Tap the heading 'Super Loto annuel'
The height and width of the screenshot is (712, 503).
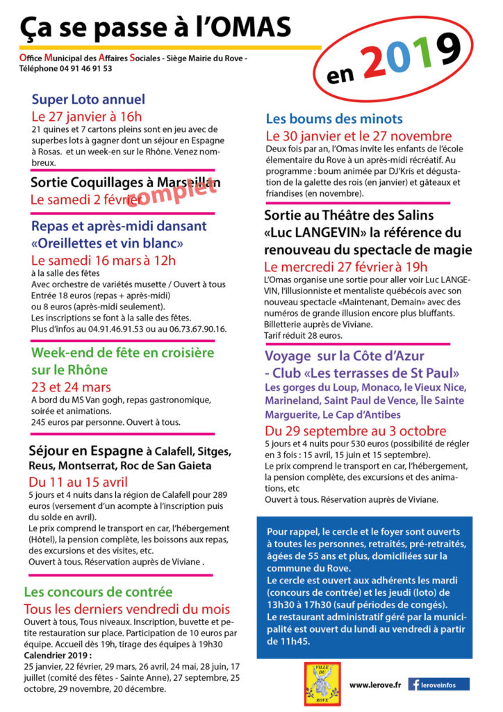tap(88, 99)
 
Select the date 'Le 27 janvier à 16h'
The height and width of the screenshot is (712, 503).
tap(87, 116)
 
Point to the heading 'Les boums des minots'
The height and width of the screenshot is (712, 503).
tap(334, 119)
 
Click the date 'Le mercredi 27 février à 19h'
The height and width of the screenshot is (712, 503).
tap(346, 267)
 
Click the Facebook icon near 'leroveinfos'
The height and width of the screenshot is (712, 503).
tap(415, 685)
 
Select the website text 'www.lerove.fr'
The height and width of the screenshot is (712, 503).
tap(375, 685)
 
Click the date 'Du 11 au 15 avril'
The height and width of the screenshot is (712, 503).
tap(77, 482)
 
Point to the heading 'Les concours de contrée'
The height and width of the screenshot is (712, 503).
tap(98, 592)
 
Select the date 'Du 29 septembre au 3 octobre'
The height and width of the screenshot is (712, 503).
tap(356, 430)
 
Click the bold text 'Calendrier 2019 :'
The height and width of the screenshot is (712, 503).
tap(58, 655)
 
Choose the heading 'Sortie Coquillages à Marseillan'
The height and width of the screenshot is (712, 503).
tap(126, 183)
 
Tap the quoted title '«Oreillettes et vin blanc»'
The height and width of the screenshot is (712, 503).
tap(108, 243)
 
